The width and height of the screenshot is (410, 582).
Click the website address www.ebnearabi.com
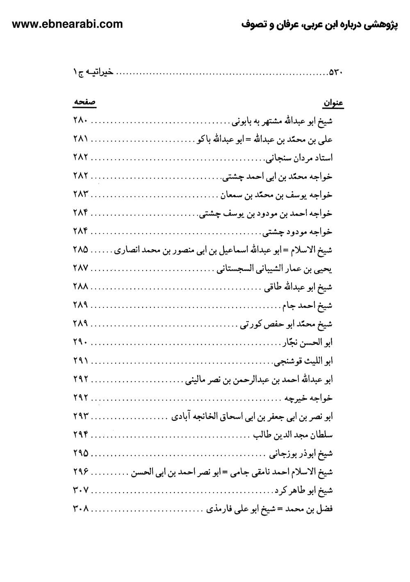[68, 24]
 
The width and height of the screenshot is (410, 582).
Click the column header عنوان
[334, 103]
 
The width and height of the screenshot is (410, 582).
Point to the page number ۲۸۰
[81, 121]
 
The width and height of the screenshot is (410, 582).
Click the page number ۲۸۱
[81, 139]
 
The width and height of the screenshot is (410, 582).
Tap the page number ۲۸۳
[81, 195]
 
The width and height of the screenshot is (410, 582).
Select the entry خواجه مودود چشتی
[298, 232]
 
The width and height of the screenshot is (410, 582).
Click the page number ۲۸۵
[81, 250]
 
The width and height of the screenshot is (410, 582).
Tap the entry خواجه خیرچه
[307, 398]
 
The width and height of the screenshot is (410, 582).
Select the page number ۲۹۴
[81, 435]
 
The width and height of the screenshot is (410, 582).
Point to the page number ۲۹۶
[81, 472]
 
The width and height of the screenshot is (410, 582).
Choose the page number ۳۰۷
[81, 490]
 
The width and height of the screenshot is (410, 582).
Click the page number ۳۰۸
[81, 509]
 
